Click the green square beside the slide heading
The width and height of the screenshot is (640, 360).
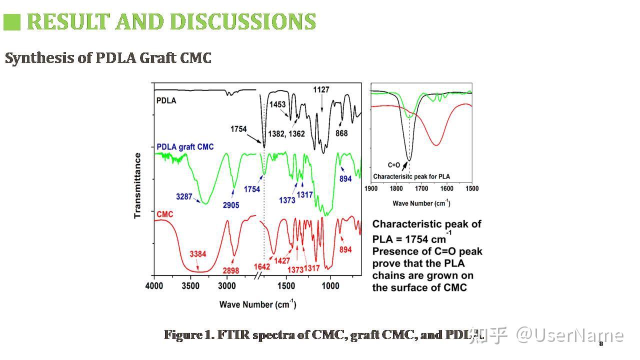(x=12, y=22)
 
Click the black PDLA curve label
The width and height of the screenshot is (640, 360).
(x=166, y=100)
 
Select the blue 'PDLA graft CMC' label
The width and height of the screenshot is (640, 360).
(x=185, y=147)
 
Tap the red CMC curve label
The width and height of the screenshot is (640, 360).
(x=165, y=214)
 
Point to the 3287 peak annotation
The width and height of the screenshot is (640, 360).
(x=184, y=196)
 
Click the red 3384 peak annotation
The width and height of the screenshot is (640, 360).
(x=198, y=254)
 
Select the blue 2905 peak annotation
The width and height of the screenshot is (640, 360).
(x=231, y=205)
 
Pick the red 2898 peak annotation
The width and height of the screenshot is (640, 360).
(x=231, y=270)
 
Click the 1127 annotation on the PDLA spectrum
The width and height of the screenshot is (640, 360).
(x=321, y=90)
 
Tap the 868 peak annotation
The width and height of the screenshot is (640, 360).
(x=341, y=133)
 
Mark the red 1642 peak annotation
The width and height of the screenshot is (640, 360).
(x=262, y=266)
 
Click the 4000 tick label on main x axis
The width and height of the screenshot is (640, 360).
(x=154, y=286)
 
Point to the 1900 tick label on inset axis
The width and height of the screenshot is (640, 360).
(x=371, y=188)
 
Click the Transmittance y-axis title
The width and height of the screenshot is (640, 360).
(x=137, y=185)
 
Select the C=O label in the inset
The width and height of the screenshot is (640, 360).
(x=394, y=164)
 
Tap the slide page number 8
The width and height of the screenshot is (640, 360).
(x=601, y=343)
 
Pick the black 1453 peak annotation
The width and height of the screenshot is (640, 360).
(x=277, y=104)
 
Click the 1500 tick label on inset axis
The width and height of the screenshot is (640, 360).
(x=472, y=188)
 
